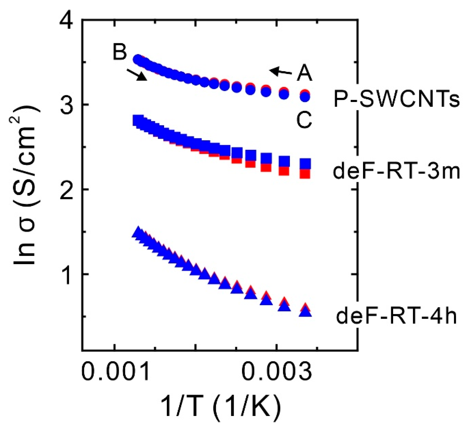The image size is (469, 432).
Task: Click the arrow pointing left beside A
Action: click(x=281, y=71)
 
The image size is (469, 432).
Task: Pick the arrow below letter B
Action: click(x=137, y=75)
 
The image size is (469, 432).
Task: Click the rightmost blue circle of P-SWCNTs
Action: click(x=305, y=97)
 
